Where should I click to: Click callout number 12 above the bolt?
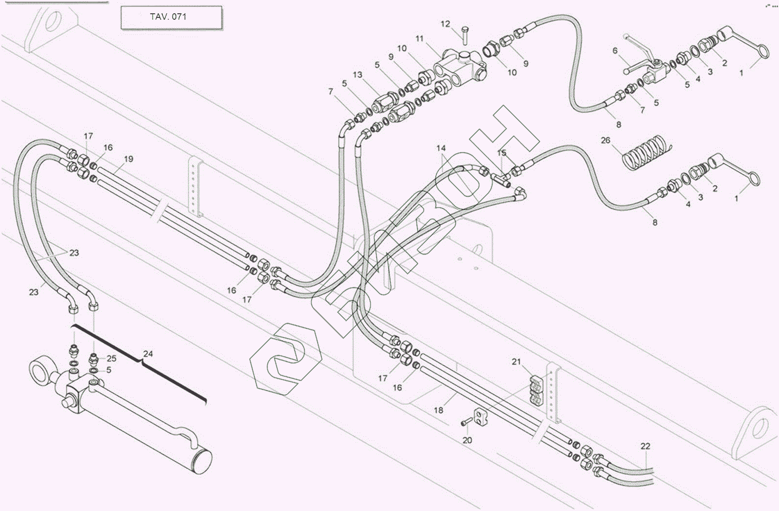coord(445,24)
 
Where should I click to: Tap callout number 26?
coord(606,140)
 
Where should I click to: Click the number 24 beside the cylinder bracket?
coord(148,354)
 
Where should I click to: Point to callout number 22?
coord(645,446)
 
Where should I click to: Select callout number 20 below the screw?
coord(467,440)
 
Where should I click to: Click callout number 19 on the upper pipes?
coord(129,159)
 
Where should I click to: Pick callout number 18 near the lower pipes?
coord(439,410)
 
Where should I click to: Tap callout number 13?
coord(357,75)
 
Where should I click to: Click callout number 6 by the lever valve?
coord(615,50)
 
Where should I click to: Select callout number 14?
coord(441,148)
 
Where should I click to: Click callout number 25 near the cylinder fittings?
coord(111,358)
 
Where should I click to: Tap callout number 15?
coord(502,152)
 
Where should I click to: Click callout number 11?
coord(420,39)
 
